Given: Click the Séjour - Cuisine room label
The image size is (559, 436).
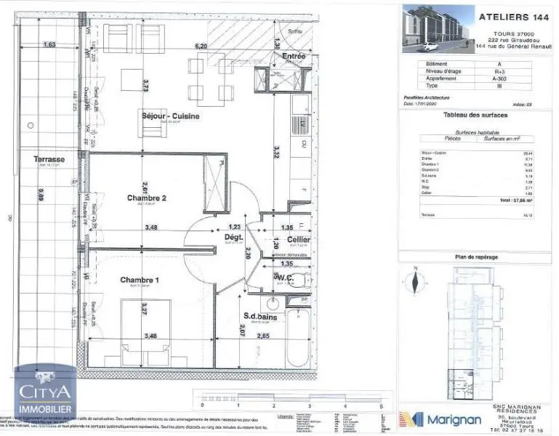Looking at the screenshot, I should pos(170,116).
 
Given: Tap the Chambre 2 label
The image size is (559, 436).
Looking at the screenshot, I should pos(148,198).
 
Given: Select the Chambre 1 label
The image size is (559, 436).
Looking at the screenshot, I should pos(139,281).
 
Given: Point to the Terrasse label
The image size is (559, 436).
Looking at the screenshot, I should pos(49,159).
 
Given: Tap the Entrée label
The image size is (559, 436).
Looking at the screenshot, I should pos(294,56).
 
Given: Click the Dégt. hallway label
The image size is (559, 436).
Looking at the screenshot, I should pos(233,237).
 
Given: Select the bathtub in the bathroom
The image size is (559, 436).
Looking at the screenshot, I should pos(298,337).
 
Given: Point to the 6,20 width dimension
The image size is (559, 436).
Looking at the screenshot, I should pos(201,46).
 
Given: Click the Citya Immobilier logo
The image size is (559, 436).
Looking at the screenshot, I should pos(45,397).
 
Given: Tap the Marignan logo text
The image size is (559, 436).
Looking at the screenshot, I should pos(454,420).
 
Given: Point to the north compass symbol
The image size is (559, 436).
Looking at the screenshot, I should pos(414,279).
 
